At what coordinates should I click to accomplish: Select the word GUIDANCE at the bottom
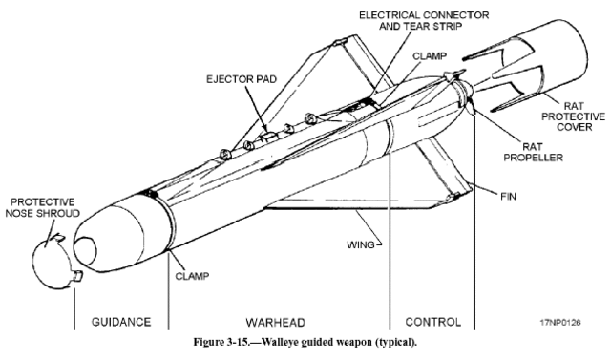pos(118,322)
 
